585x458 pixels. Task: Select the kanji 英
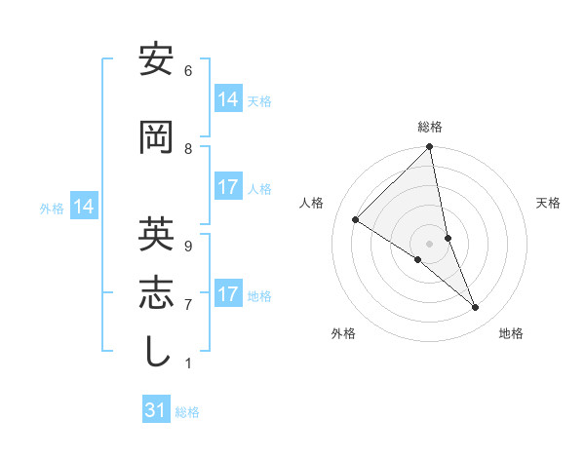pyautogui.click(x=157, y=234)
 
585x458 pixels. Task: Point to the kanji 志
pyautogui.click(x=157, y=292)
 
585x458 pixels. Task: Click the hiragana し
pyautogui.click(x=157, y=352)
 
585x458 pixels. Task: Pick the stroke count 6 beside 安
pyautogui.click(x=187, y=71)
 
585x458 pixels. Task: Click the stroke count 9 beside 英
pyautogui.click(x=187, y=245)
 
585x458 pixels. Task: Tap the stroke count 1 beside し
pyautogui.click(x=187, y=363)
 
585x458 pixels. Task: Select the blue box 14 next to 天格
pyautogui.click(x=227, y=98)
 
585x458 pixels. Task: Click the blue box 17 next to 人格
pyautogui.click(x=227, y=187)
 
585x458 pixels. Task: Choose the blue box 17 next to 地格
pyautogui.click(x=227, y=294)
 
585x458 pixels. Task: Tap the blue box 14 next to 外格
pyautogui.click(x=83, y=207)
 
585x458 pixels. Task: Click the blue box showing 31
pyautogui.click(x=156, y=410)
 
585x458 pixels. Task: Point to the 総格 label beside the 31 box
pyautogui.click(x=187, y=412)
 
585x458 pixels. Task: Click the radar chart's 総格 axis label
pyautogui.click(x=430, y=127)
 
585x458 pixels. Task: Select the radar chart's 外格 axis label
pyautogui.click(x=343, y=333)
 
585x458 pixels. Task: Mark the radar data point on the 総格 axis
pyautogui.click(x=430, y=147)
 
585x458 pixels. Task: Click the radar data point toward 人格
pyautogui.click(x=356, y=219)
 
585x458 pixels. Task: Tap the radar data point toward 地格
pyautogui.click(x=476, y=307)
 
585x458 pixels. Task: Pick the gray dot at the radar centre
pyautogui.click(x=430, y=243)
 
